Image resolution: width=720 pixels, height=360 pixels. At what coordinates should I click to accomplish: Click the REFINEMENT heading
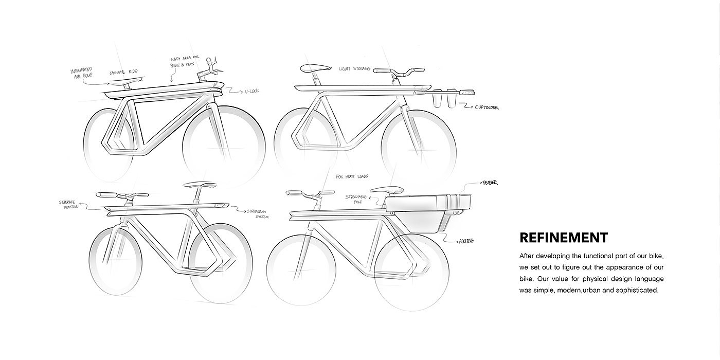(563, 238)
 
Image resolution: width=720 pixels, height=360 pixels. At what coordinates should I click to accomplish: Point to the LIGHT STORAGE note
(355, 68)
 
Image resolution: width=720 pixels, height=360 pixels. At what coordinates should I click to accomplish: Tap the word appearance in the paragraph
(620, 267)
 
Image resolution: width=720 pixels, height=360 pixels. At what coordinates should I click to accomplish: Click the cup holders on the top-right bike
(445, 99)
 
